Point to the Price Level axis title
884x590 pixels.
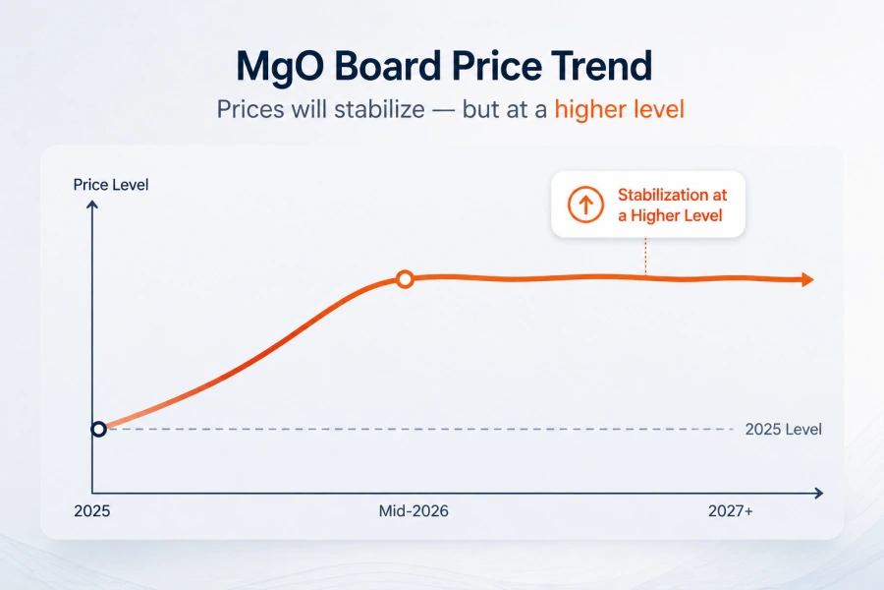click(x=111, y=184)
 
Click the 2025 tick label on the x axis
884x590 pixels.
click(x=92, y=512)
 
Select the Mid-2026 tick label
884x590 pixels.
click(x=414, y=512)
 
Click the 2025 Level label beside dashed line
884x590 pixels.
click(x=783, y=430)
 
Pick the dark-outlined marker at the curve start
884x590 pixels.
click(x=98, y=429)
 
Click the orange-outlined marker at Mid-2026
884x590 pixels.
click(x=404, y=279)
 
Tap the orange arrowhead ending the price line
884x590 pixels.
click(x=807, y=280)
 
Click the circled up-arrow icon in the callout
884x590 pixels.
click(x=584, y=205)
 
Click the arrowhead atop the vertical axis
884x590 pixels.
click(x=92, y=205)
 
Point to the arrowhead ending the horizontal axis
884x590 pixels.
click(x=818, y=493)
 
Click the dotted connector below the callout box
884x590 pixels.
click(x=645, y=257)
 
